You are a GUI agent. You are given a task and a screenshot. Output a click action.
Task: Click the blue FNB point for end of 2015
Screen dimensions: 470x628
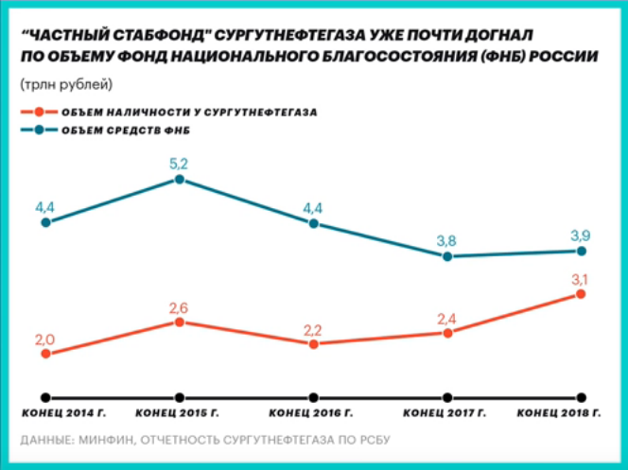(x=179, y=179)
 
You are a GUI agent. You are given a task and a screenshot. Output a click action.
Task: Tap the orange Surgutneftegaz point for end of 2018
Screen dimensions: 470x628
(x=581, y=294)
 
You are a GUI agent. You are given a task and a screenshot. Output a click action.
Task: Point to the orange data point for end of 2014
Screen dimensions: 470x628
(x=45, y=354)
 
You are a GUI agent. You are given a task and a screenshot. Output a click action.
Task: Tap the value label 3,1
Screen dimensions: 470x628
(x=581, y=278)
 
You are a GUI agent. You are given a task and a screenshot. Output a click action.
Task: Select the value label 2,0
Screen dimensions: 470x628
(x=45, y=339)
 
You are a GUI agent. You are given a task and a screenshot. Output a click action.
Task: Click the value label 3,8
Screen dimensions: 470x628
(x=446, y=240)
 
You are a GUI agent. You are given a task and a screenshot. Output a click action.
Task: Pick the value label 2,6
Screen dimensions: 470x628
(x=179, y=306)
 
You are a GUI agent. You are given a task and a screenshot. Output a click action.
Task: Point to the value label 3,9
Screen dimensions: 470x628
(x=581, y=235)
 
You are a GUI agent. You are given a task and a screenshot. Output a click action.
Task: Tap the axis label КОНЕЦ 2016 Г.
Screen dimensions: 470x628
(x=312, y=414)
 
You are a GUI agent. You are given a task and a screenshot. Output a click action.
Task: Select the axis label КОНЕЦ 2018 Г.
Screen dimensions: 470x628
(x=562, y=414)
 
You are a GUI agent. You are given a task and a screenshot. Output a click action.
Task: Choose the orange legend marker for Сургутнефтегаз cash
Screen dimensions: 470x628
(x=37, y=112)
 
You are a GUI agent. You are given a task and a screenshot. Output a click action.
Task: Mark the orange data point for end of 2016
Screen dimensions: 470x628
(x=313, y=343)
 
